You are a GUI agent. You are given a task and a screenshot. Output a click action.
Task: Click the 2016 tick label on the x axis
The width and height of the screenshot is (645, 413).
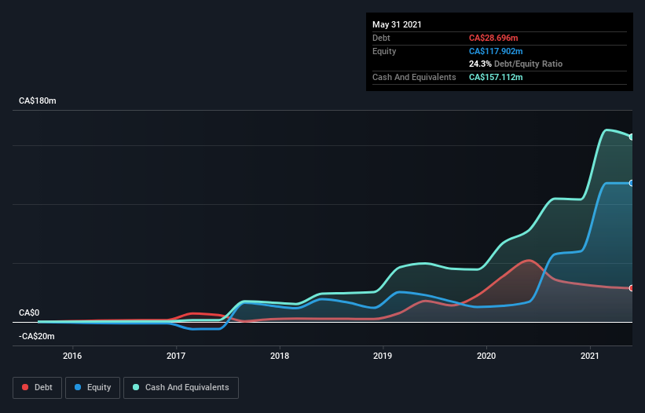tap(72, 356)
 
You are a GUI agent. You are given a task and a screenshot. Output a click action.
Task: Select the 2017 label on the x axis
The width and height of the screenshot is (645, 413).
tap(176, 356)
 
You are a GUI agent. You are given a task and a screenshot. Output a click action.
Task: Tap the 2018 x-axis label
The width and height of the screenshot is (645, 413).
tap(279, 356)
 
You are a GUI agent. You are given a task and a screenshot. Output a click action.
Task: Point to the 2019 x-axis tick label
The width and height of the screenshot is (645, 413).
tap(383, 356)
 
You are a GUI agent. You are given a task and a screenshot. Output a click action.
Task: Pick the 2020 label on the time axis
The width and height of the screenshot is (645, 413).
tap(486, 356)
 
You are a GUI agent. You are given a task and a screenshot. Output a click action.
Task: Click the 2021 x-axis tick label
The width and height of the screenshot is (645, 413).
tap(590, 356)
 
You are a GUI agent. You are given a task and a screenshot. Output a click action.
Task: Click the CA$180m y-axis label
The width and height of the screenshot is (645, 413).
tap(38, 101)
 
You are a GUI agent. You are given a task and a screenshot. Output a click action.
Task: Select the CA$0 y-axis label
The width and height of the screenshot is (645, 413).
tap(29, 312)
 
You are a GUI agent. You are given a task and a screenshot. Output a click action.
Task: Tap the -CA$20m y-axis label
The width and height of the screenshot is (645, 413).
tap(37, 336)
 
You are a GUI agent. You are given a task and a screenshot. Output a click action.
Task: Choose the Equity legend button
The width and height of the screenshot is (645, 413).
tap(93, 387)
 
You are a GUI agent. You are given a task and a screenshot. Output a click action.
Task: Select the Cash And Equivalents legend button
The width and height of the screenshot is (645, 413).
tap(181, 387)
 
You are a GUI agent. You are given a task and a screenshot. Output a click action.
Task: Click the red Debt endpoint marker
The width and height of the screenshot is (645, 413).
tap(632, 288)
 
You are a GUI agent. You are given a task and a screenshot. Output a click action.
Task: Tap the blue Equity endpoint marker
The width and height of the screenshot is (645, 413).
tap(632, 183)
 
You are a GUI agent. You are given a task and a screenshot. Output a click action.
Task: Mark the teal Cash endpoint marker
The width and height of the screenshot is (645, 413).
tap(632, 137)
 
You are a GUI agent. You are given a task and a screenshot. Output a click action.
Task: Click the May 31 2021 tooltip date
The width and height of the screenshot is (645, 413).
tap(397, 24)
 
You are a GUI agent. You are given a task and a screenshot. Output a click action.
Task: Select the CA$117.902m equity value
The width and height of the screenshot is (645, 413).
tap(497, 51)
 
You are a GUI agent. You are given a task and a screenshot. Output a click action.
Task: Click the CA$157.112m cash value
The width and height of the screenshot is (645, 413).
tap(497, 77)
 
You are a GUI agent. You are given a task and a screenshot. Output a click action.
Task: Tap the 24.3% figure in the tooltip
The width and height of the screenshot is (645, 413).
tap(480, 64)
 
